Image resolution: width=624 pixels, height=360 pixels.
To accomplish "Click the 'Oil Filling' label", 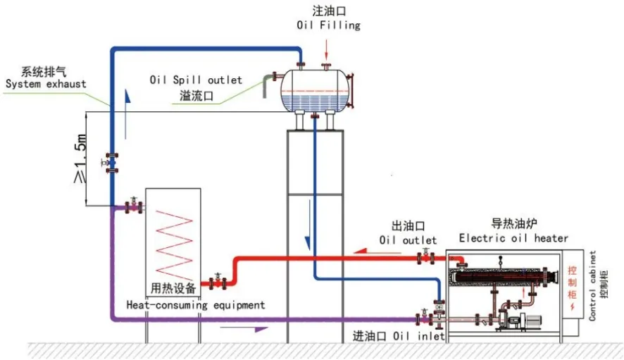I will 328,25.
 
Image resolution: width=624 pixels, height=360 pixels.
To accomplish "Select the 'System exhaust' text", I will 46,84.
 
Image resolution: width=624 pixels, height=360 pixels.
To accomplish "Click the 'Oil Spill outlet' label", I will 195,80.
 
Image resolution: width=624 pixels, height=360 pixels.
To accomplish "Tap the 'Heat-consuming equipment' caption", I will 196,305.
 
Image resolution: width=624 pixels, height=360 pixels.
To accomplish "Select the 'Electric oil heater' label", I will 513,238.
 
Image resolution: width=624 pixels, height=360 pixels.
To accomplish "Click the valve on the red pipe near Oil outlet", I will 425,259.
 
